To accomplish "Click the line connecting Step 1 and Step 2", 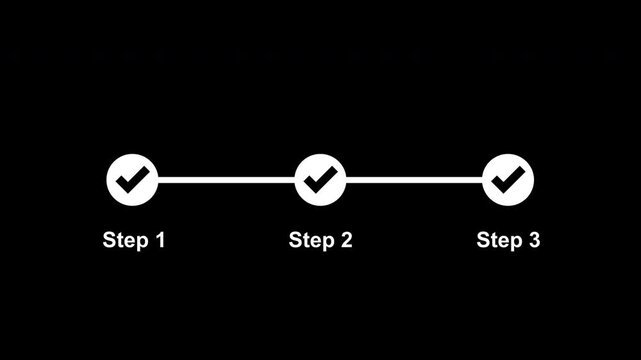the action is click(x=226, y=180).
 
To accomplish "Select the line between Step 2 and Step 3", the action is click(x=414, y=180).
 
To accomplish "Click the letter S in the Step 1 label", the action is click(x=109, y=240).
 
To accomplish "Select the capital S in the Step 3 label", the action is click(x=483, y=240).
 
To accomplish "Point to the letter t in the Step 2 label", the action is click(x=306, y=240).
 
